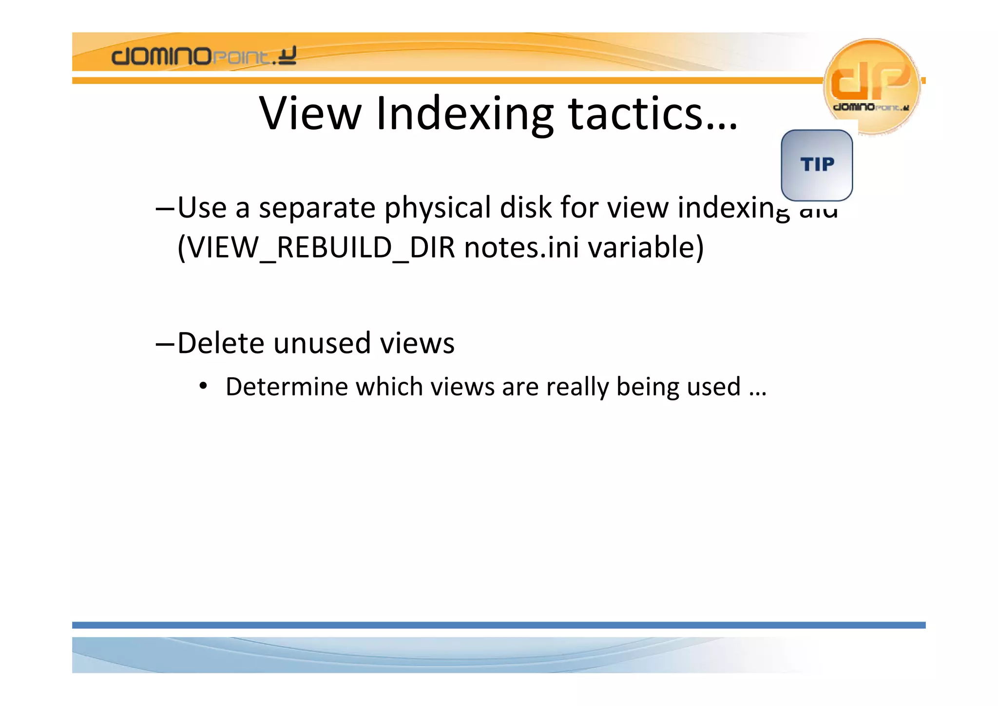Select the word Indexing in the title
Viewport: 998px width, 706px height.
click(x=465, y=114)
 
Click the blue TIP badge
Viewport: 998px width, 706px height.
click(x=817, y=165)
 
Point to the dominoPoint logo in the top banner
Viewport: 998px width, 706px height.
click(x=204, y=56)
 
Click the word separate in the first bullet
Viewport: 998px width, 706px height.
click(x=317, y=208)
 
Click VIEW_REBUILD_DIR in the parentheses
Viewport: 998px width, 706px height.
click(x=316, y=247)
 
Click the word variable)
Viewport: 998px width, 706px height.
click(x=646, y=247)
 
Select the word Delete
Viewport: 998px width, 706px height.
click(x=221, y=343)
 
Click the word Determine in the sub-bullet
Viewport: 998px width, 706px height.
click(x=287, y=387)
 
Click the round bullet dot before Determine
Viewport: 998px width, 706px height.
click(x=203, y=387)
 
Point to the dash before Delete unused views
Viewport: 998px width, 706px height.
click(x=165, y=344)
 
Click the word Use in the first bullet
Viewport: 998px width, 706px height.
click(x=202, y=208)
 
